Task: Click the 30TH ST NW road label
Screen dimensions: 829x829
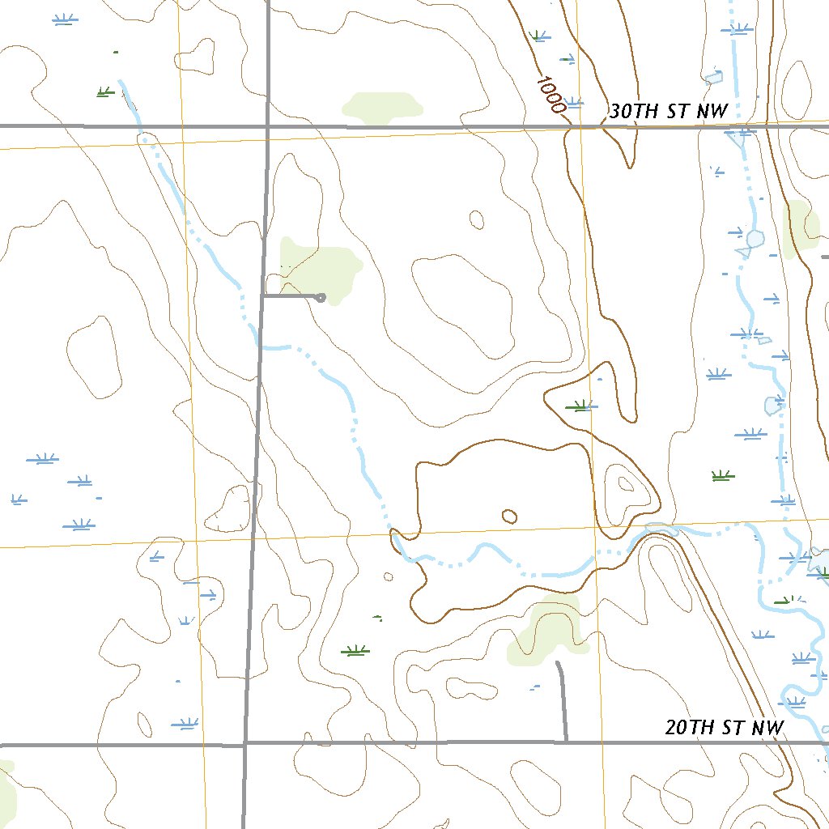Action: click(x=668, y=113)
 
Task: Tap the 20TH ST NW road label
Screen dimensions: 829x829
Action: click(x=725, y=728)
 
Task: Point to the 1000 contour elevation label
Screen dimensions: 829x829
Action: click(x=551, y=95)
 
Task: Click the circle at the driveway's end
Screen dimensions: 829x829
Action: click(x=321, y=298)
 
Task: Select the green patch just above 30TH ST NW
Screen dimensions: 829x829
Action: click(x=382, y=108)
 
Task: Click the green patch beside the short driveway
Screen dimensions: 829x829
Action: click(x=320, y=267)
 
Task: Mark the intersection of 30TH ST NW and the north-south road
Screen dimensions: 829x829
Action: click(x=268, y=126)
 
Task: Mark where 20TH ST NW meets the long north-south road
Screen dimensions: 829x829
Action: click(x=245, y=743)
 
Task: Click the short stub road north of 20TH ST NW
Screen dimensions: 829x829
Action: click(x=562, y=700)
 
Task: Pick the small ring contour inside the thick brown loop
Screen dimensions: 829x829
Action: click(x=509, y=516)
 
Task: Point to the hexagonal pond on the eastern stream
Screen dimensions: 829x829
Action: click(x=755, y=239)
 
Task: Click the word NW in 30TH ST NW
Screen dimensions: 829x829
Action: click(x=712, y=113)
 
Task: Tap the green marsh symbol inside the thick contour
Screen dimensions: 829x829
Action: click(x=580, y=406)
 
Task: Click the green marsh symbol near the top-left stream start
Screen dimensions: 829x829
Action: click(x=104, y=92)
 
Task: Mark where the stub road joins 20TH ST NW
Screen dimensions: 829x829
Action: click(x=565, y=741)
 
